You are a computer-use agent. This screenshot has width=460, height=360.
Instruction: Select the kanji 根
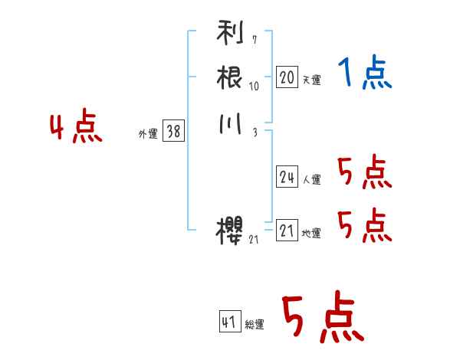point(230,77)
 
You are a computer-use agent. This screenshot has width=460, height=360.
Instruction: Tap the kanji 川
point(230,125)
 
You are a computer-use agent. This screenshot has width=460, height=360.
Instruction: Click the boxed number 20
point(287,77)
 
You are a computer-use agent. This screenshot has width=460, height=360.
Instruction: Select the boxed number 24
point(287,178)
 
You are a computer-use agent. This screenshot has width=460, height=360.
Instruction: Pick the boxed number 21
point(287,231)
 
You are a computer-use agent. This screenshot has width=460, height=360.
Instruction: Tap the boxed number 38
point(173,132)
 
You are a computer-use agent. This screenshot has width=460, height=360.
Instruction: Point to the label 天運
point(311,80)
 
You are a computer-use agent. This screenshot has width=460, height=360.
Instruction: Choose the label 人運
point(311,180)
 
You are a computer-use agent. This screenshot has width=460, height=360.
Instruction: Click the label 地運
point(311,233)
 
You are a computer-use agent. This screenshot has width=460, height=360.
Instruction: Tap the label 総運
point(255,325)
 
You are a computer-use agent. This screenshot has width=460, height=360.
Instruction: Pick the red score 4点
point(76,128)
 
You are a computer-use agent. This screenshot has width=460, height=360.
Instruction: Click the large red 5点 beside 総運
point(322,318)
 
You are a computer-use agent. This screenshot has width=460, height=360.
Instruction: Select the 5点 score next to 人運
point(364,172)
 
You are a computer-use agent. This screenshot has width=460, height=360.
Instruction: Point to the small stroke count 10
point(254,87)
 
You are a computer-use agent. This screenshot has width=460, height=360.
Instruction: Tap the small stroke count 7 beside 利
point(254,40)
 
